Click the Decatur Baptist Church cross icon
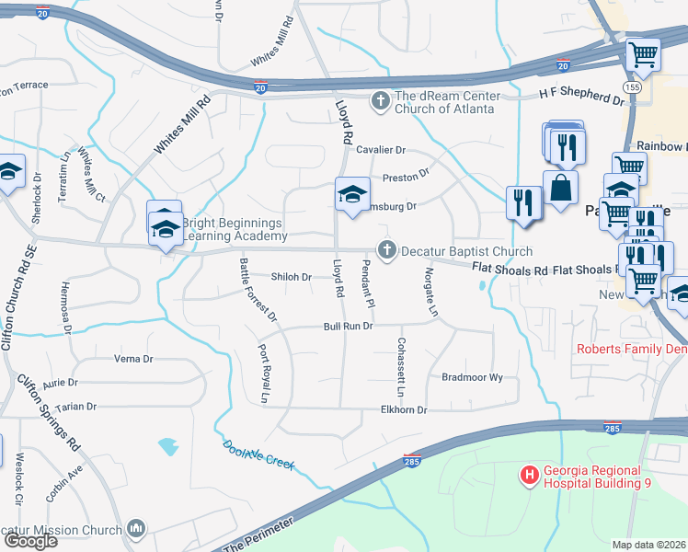[387, 249]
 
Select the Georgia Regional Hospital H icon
[530, 475]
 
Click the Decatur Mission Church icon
[137, 528]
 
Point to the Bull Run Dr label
[347, 327]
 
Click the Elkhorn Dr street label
[403, 410]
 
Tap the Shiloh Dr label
[292, 277]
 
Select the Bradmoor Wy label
[472, 377]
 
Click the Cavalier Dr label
[381, 150]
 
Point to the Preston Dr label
[406, 173]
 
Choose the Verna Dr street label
[132, 358]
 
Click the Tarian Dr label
[75, 407]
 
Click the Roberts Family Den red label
[631, 349]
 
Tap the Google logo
[29, 541]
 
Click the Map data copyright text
[649, 545]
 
